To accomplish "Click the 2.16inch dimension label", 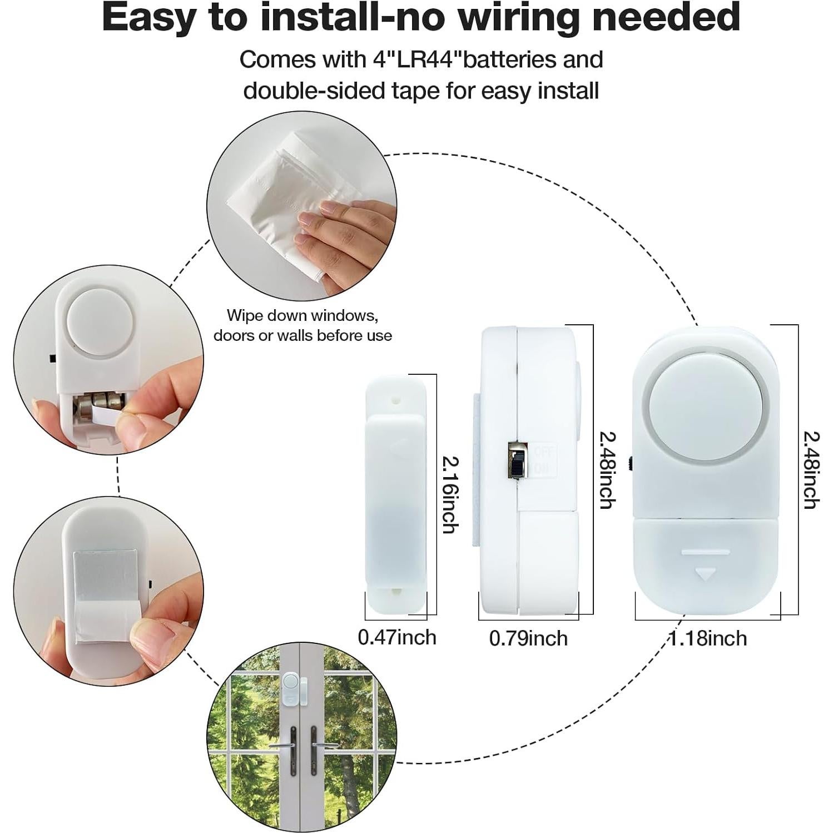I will coord(450,494).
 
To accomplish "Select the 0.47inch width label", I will coord(397,637).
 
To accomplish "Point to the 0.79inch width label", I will coord(528,638).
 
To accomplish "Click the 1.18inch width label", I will coord(707,638).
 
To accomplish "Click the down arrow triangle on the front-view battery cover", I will coord(706,573).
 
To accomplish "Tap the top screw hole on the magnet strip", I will coord(395,399).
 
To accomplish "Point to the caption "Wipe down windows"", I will coord(303,315).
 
